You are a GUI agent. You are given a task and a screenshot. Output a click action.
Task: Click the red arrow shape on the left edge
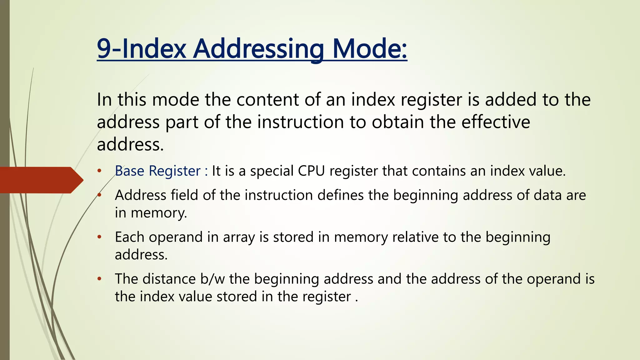click(x=41, y=180)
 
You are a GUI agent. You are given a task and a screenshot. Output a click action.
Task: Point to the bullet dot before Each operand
click(x=99, y=237)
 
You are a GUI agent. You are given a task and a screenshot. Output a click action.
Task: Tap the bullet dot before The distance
click(x=99, y=279)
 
